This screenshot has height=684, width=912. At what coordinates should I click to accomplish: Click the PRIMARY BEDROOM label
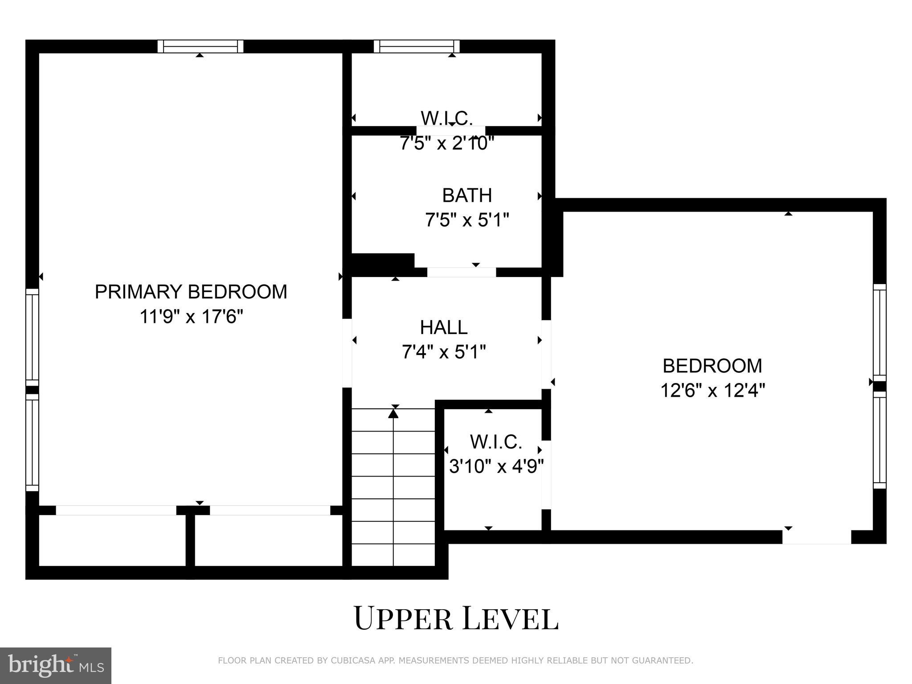[x=191, y=292]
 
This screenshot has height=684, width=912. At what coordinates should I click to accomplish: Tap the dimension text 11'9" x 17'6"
[x=191, y=317]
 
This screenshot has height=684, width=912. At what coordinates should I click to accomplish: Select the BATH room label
[x=466, y=195]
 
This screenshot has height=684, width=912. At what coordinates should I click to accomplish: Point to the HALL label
[x=444, y=327]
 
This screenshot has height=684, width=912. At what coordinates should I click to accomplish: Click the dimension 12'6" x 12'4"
[x=712, y=391]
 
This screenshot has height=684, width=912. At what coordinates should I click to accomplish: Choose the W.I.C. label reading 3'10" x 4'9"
[x=495, y=442]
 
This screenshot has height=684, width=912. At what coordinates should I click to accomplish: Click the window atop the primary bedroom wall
[x=200, y=46]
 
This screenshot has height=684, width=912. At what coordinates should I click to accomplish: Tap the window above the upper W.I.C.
[x=417, y=46]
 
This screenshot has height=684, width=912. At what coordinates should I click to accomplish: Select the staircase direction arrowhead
[x=393, y=413]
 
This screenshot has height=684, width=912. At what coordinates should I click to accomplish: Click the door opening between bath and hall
[x=461, y=272]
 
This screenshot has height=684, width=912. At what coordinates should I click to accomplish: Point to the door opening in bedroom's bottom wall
[x=816, y=537]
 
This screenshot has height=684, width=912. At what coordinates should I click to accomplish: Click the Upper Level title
[x=456, y=618]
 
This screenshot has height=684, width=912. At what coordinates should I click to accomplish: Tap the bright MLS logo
[x=56, y=665]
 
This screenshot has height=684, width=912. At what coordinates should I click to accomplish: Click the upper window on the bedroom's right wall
[x=879, y=332]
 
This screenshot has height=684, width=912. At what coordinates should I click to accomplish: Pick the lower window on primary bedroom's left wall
[x=32, y=442]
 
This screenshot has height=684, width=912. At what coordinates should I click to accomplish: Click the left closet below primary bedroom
[x=112, y=540]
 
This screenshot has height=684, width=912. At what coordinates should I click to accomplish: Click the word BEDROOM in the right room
[x=712, y=366]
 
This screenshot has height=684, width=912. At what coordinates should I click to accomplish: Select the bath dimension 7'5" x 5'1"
[x=466, y=220]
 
